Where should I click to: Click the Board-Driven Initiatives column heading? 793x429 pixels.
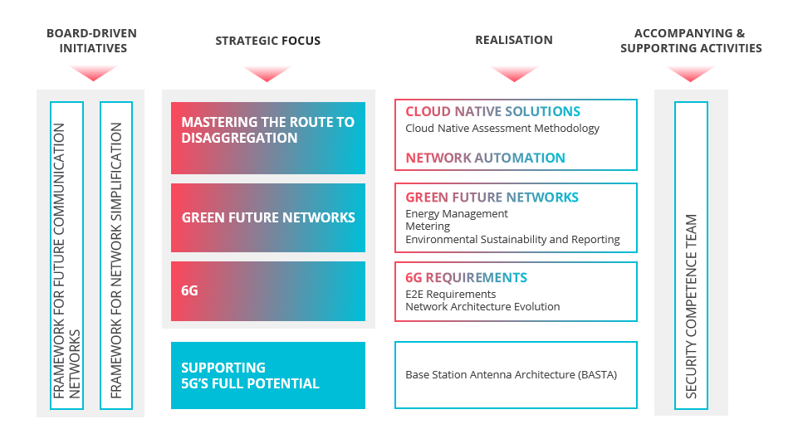coord(92,41)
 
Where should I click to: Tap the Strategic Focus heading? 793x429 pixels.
coord(268,41)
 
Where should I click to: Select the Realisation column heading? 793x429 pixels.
coord(514,40)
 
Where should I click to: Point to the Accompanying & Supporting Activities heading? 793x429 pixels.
coord(691,41)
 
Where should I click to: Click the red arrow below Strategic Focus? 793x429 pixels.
coord(267,72)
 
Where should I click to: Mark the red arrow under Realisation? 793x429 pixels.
coord(514,72)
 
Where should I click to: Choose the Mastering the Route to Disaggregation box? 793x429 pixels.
coord(268,138)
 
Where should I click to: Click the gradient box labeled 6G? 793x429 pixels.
coord(268,291)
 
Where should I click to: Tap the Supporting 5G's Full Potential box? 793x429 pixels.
coord(268,375)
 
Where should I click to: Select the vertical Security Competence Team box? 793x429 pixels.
coord(691,256)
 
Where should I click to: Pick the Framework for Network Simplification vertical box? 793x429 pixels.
coord(116,256)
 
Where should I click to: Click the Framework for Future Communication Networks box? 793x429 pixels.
coord(66,256)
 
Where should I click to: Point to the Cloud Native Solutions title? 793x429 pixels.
coord(492,111)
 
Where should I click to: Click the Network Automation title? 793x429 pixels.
coord(485,158)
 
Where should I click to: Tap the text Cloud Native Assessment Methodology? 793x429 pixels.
coord(502,129)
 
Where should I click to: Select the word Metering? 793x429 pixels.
coord(428,227)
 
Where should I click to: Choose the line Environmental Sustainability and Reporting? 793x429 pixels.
coord(512,240)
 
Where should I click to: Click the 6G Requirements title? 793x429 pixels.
coord(466,277)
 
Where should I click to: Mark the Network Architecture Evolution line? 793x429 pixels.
coord(482,307)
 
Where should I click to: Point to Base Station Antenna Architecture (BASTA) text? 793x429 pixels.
coord(511,375)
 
